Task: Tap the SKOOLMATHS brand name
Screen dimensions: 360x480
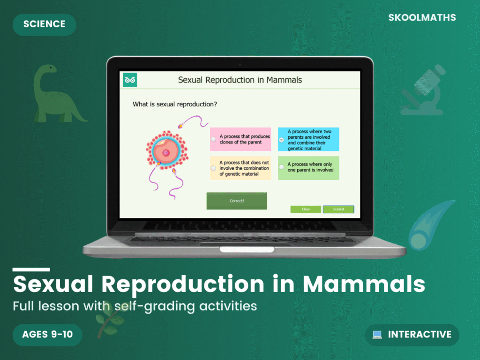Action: click(422, 18)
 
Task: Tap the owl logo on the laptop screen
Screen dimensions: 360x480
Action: click(130, 80)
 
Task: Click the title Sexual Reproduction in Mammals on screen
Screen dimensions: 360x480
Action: click(240, 80)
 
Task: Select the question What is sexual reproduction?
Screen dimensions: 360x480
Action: click(174, 104)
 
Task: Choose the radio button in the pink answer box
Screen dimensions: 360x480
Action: click(214, 139)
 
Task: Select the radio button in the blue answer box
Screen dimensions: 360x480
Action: click(281, 140)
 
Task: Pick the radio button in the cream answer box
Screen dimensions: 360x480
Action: click(214, 168)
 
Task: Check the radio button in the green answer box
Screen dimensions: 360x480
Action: click(281, 167)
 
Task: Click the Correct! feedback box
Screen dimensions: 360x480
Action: click(237, 201)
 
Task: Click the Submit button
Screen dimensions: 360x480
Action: click(338, 209)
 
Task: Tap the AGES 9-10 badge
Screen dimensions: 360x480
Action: click(47, 335)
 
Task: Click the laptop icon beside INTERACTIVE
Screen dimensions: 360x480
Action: click(377, 335)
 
